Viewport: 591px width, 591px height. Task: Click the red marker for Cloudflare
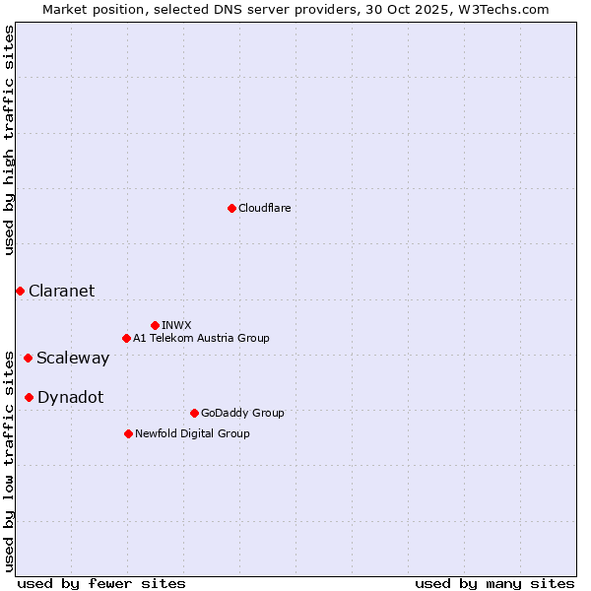point(231,208)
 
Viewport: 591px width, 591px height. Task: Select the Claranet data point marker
point(20,291)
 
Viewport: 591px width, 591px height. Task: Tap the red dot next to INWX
point(155,325)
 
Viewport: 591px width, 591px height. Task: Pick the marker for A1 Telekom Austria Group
point(126,338)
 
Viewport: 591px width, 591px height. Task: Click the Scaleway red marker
point(28,358)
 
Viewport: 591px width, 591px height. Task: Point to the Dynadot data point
point(29,397)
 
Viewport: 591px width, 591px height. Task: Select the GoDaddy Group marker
point(194,413)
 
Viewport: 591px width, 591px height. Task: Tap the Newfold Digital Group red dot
point(128,433)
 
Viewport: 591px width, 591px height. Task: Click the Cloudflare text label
point(264,208)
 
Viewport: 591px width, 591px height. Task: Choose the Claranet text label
point(61,291)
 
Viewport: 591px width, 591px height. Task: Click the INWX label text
point(176,325)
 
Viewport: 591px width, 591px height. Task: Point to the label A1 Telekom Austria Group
point(201,338)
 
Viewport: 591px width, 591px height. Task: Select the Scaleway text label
point(73,358)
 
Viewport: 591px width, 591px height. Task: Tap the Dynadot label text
point(70,397)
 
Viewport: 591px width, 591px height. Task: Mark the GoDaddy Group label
point(241,413)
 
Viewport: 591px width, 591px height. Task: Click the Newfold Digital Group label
point(192,433)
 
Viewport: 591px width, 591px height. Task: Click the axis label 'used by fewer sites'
point(101,583)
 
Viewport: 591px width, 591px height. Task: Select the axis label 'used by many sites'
point(494,583)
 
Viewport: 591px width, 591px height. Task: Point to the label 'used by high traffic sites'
point(9,140)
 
